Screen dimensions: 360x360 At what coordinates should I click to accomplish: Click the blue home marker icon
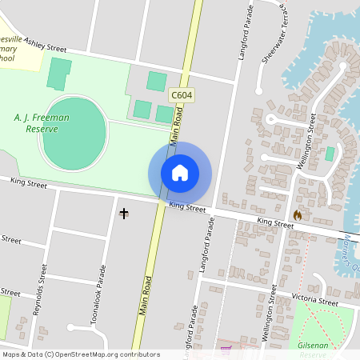[180, 173]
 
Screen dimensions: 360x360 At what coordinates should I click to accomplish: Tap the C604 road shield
[182, 95]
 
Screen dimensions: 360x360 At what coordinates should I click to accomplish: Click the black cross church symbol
[124, 213]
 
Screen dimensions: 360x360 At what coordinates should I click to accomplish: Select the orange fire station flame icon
[298, 215]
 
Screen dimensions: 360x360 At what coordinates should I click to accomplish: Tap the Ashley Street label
[45, 48]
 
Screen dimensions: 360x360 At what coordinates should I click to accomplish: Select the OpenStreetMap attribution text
[80, 354]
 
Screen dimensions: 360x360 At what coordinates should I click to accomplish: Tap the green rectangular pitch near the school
[58, 74]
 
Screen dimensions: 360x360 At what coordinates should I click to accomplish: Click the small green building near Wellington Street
[330, 153]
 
